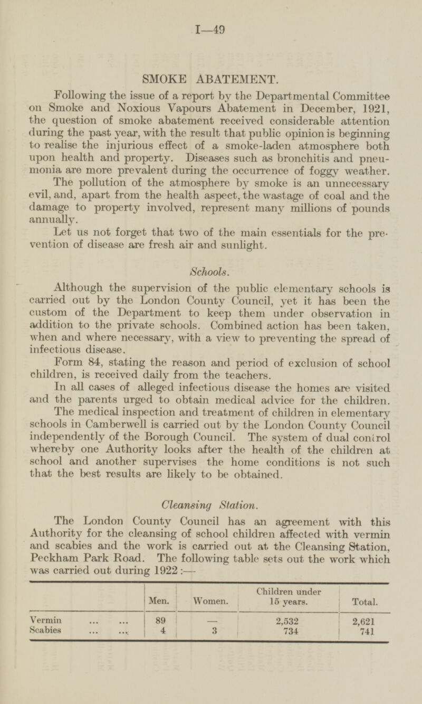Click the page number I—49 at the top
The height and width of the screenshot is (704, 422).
point(210,31)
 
